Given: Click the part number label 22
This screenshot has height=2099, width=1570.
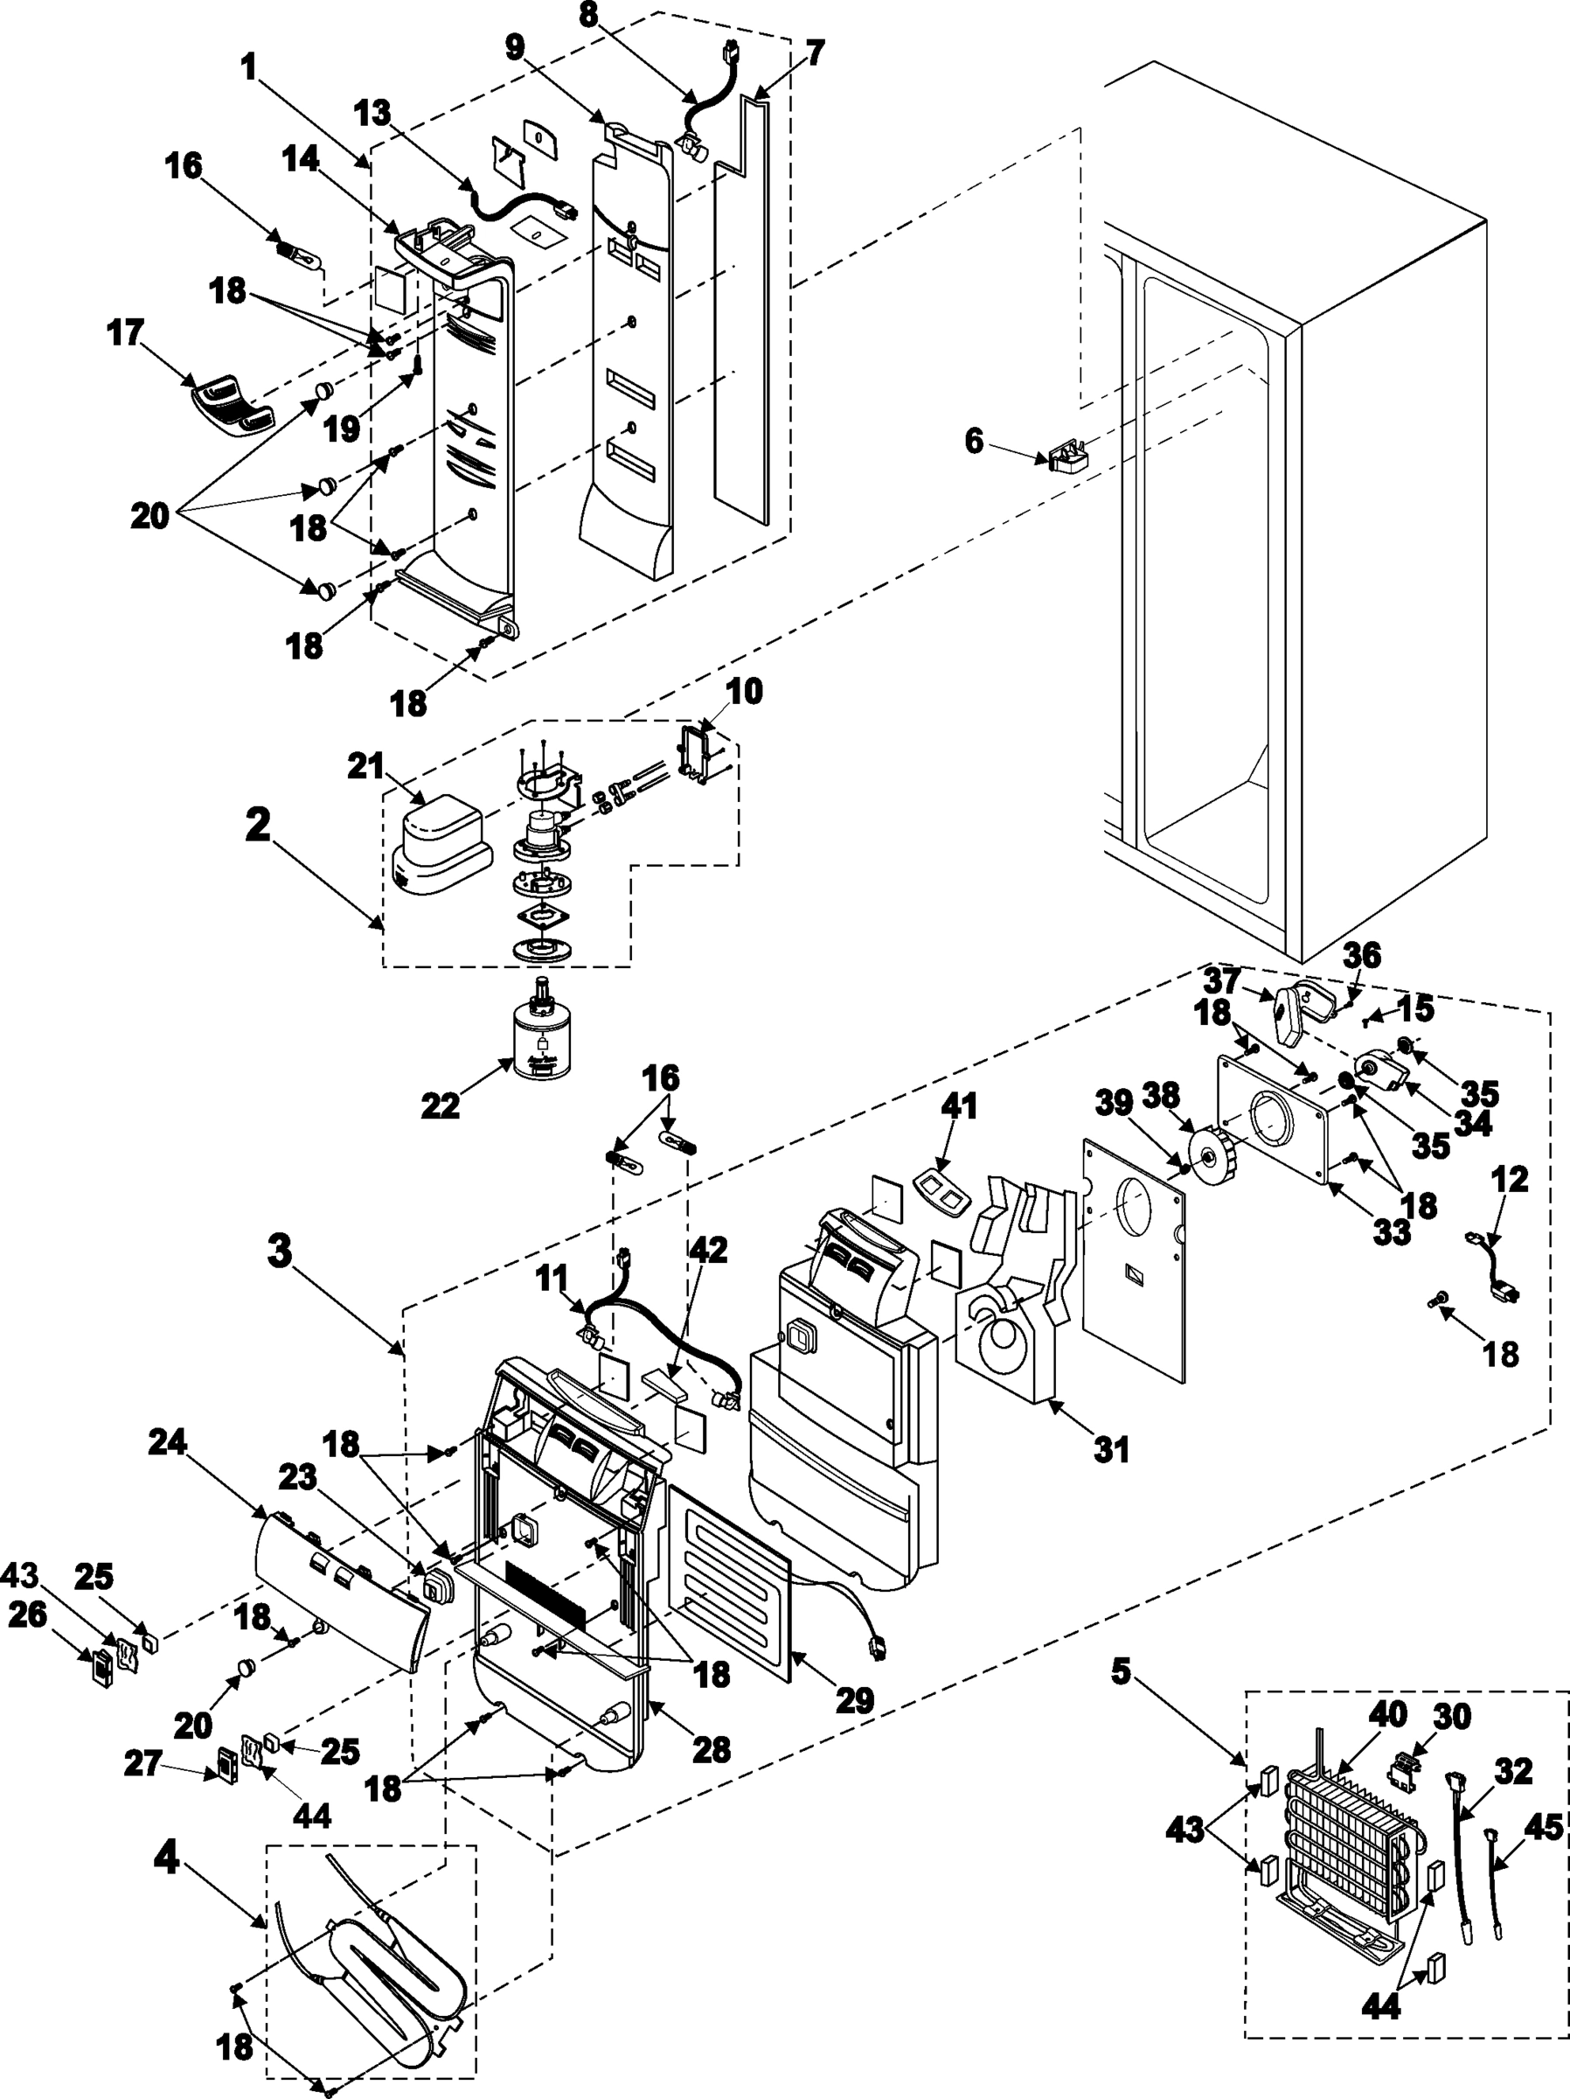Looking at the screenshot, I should tap(441, 1105).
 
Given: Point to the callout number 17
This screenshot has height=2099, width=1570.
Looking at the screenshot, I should tap(126, 333).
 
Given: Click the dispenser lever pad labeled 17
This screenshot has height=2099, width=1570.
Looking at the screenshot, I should tap(233, 404).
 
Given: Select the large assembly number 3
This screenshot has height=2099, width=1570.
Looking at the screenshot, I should tap(279, 1252).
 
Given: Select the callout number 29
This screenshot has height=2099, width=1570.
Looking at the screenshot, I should tap(854, 1699).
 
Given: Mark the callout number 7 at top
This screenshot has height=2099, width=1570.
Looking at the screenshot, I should tap(816, 53).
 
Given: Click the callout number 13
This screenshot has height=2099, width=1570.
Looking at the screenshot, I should tap(372, 113).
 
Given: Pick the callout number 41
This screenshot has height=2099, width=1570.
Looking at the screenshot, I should tap(959, 1106).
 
